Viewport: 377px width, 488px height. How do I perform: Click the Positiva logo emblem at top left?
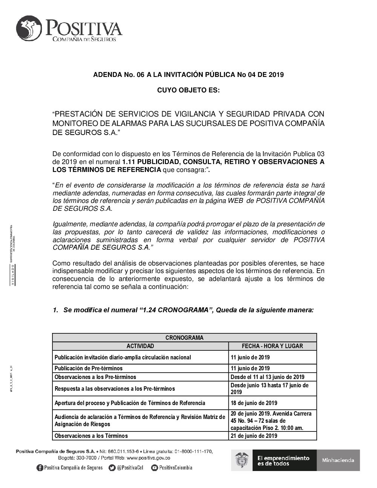tap(30, 29)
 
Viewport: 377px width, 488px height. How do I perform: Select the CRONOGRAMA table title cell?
tap(184, 338)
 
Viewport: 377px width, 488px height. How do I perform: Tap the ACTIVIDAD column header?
tap(140, 346)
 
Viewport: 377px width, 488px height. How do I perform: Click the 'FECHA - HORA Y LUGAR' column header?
tap(272, 346)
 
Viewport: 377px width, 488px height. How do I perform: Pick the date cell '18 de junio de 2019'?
tap(254, 403)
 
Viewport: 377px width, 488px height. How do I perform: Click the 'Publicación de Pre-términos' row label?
tap(89, 368)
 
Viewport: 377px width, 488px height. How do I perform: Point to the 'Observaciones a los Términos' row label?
tap(91, 436)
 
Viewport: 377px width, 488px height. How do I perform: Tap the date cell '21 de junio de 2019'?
tap(254, 436)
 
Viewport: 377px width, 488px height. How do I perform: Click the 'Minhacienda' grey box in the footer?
tap(338, 460)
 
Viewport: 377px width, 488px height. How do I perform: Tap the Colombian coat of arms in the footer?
tap(242, 460)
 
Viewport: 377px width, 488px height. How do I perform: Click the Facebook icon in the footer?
tap(40, 468)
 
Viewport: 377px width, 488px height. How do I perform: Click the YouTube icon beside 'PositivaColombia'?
tap(154, 468)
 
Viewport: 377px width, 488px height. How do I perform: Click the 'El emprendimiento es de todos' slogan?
tap(284, 460)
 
